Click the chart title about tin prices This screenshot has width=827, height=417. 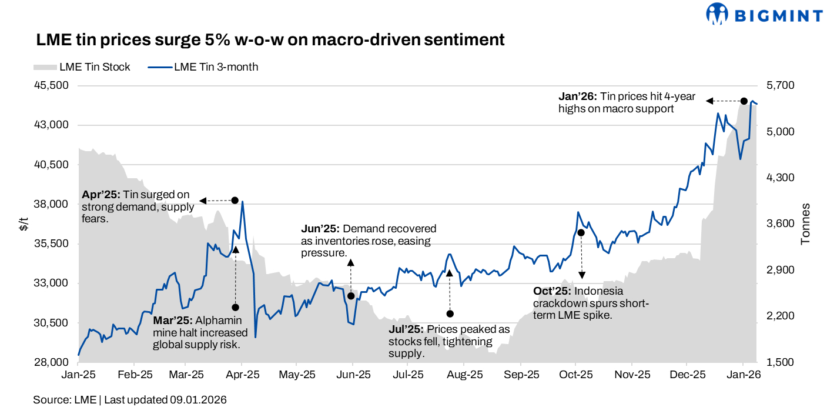pyautogui.click(x=270, y=40)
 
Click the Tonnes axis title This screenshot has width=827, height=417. pyautogui.click(x=806, y=224)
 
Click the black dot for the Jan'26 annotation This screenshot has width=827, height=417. pyautogui.click(x=744, y=101)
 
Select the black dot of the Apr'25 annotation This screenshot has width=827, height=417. pyautogui.click(x=235, y=201)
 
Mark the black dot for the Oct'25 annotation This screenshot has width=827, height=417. pyautogui.click(x=581, y=233)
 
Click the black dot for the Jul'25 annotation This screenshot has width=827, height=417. pyautogui.click(x=450, y=314)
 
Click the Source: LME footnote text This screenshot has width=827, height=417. pyautogui.click(x=65, y=400)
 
